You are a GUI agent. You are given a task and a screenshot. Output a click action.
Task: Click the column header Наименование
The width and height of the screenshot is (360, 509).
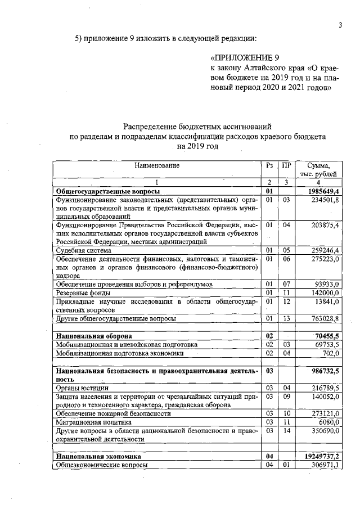(x=157, y=166)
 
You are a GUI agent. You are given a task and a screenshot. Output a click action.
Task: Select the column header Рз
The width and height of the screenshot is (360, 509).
(x=269, y=166)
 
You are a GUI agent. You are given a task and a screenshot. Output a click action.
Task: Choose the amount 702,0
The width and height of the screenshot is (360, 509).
(x=329, y=353)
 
